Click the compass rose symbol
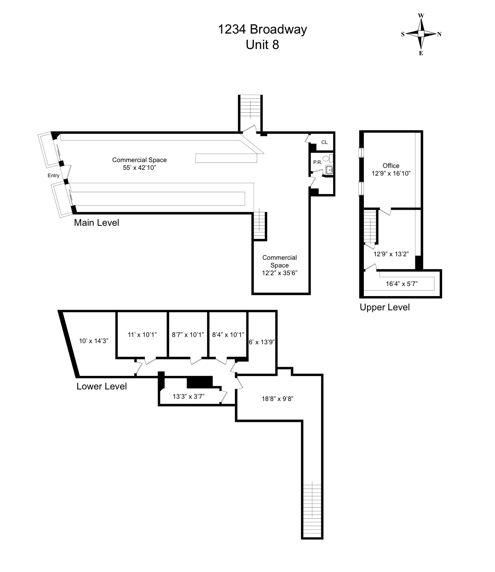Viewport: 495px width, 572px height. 421,34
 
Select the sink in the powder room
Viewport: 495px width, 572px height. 328,170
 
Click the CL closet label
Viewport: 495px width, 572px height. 325,142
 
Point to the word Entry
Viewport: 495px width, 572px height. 53,176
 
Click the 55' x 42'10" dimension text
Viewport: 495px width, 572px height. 140,168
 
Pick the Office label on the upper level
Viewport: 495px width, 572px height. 391,166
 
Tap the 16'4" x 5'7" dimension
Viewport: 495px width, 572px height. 402,284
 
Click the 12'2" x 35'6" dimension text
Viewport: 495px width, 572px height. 279,273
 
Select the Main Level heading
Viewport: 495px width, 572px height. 96,222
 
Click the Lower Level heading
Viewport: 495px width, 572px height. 102,386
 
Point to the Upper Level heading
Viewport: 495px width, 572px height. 385,307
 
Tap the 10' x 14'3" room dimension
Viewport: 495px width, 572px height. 94,341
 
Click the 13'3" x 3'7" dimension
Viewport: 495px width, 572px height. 189,396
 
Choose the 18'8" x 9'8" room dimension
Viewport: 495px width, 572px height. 278,399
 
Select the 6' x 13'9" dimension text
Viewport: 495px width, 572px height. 262,342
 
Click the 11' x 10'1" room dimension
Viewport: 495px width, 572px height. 142,335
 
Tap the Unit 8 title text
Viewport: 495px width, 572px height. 263,44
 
